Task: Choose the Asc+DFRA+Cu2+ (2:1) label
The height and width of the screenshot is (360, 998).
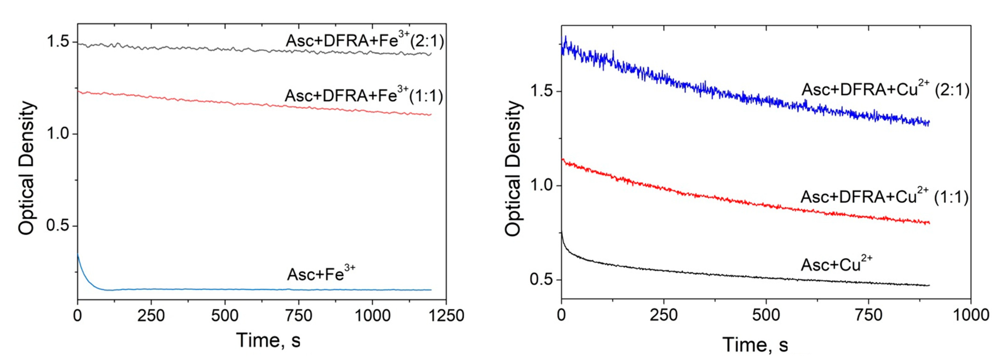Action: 885,89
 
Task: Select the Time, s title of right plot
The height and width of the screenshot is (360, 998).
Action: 755,344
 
